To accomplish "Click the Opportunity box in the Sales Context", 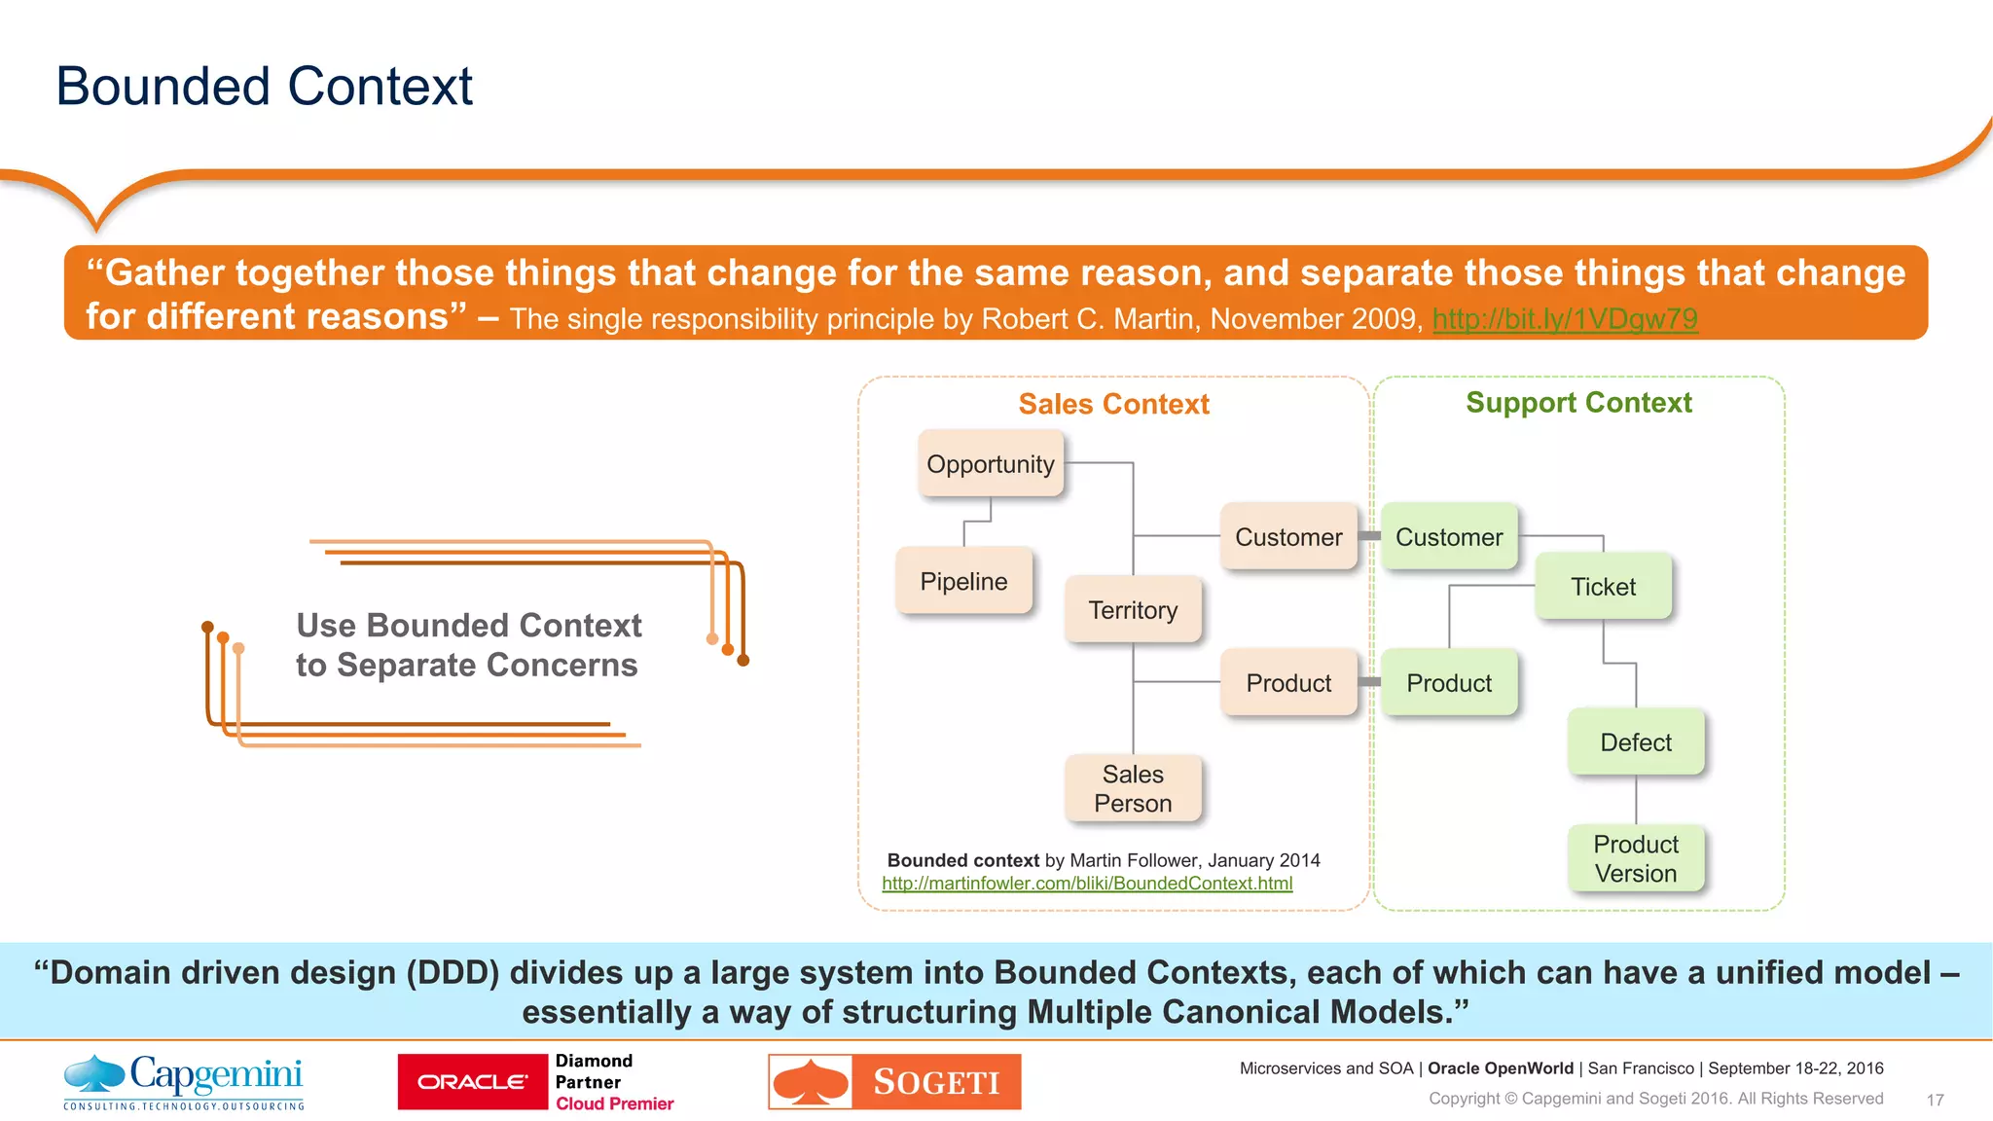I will coord(991,464).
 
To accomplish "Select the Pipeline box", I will coord(963,581).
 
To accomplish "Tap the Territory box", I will coord(1133,610).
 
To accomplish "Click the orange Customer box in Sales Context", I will coord(1288,537).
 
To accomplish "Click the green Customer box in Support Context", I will coord(1449,537).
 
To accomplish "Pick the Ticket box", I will coord(1603,587).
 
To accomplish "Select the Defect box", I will coord(1636,742).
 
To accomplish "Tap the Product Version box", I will coord(1636,858).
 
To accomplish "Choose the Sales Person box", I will coord(1133,788).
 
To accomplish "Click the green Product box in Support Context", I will coord(1449,683).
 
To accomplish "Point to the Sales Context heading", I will coord(1113,404).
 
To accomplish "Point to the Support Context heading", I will coord(1578,403).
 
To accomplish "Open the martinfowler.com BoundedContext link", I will coord(1087,884).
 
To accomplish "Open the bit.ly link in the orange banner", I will coord(1565,319).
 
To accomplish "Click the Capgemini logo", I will coord(184,1081).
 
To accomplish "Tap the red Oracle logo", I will coord(473,1082).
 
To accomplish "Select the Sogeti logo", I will coord(894,1082).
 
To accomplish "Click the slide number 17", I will coord(1935,1100).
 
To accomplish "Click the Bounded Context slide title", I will coord(264,86).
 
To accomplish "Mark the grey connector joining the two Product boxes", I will coord(1369,682).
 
